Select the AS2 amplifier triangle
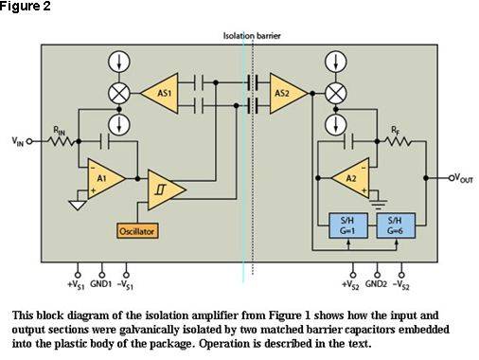coord(285,94)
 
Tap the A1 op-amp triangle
coord(103,179)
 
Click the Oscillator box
coord(137,231)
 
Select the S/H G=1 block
coord(348,225)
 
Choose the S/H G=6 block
coord(396,225)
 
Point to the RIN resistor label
coord(60,131)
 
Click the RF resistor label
coord(396,130)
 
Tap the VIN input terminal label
coord(18,141)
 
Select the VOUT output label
coord(463,178)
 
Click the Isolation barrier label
coord(252,36)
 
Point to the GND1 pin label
coord(101,284)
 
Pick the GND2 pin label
coord(376,284)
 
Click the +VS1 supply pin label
coord(76,285)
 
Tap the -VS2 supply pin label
coord(401,285)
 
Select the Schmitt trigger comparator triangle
coord(164,190)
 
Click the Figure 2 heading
coord(26,6)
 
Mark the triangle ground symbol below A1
coord(78,206)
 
